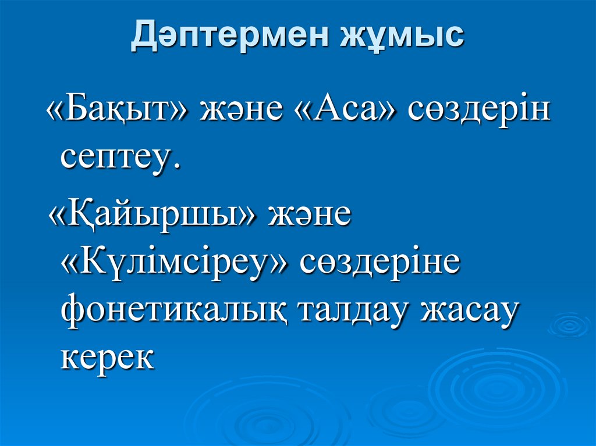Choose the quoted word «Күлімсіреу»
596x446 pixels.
point(174,264)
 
